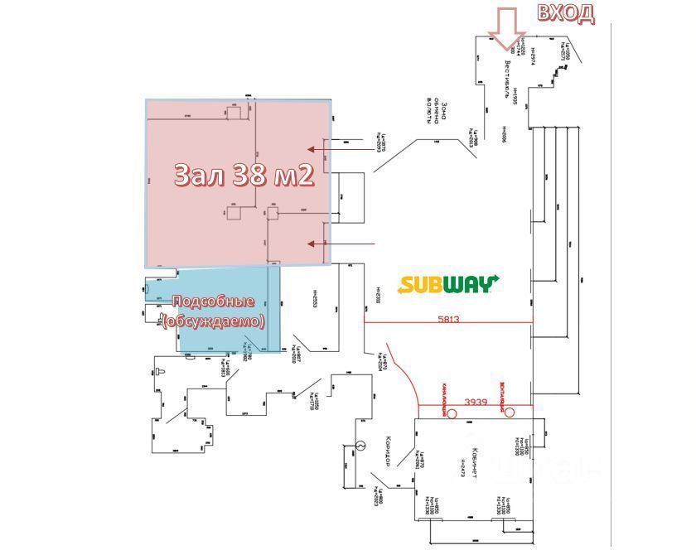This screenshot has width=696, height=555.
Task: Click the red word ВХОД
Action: pos(566,13)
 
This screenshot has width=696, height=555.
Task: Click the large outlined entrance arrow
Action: pos(505,29)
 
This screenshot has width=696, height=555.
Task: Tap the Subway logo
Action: pos(448,284)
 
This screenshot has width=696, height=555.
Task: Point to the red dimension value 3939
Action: pos(476,402)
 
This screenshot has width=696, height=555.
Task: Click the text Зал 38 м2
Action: pos(244,174)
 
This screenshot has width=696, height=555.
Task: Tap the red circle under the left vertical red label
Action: pos(452,411)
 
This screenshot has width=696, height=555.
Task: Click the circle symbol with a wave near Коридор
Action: pos(360,446)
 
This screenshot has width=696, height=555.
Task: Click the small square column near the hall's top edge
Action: pos(234,113)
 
